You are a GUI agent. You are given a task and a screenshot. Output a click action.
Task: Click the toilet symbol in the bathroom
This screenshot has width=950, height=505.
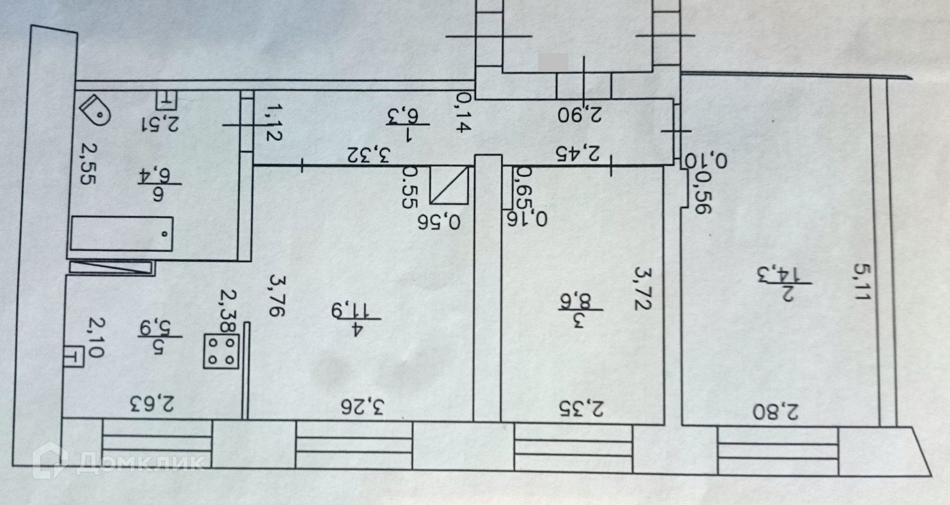click(95, 111)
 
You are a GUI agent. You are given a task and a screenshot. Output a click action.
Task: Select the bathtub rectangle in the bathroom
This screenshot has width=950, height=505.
click(121, 234)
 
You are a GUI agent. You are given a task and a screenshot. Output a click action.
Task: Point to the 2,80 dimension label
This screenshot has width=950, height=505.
click(775, 412)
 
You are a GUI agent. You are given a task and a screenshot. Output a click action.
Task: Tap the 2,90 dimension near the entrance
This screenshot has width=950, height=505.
click(580, 114)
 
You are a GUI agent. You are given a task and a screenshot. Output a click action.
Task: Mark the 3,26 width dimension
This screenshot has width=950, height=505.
click(363, 407)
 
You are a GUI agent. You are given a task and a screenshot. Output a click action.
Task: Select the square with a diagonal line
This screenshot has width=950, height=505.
click(449, 185)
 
